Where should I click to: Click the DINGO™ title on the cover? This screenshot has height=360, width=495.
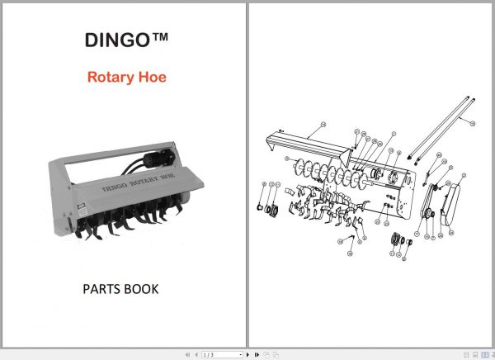point(123,40)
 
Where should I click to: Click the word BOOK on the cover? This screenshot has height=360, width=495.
point(144,290)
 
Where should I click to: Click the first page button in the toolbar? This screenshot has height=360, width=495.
point(186,354)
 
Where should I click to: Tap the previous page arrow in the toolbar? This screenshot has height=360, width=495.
point(196,354)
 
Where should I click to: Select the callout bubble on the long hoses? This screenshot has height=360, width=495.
point(473,122)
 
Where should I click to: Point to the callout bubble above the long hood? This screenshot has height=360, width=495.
point(324,123)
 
